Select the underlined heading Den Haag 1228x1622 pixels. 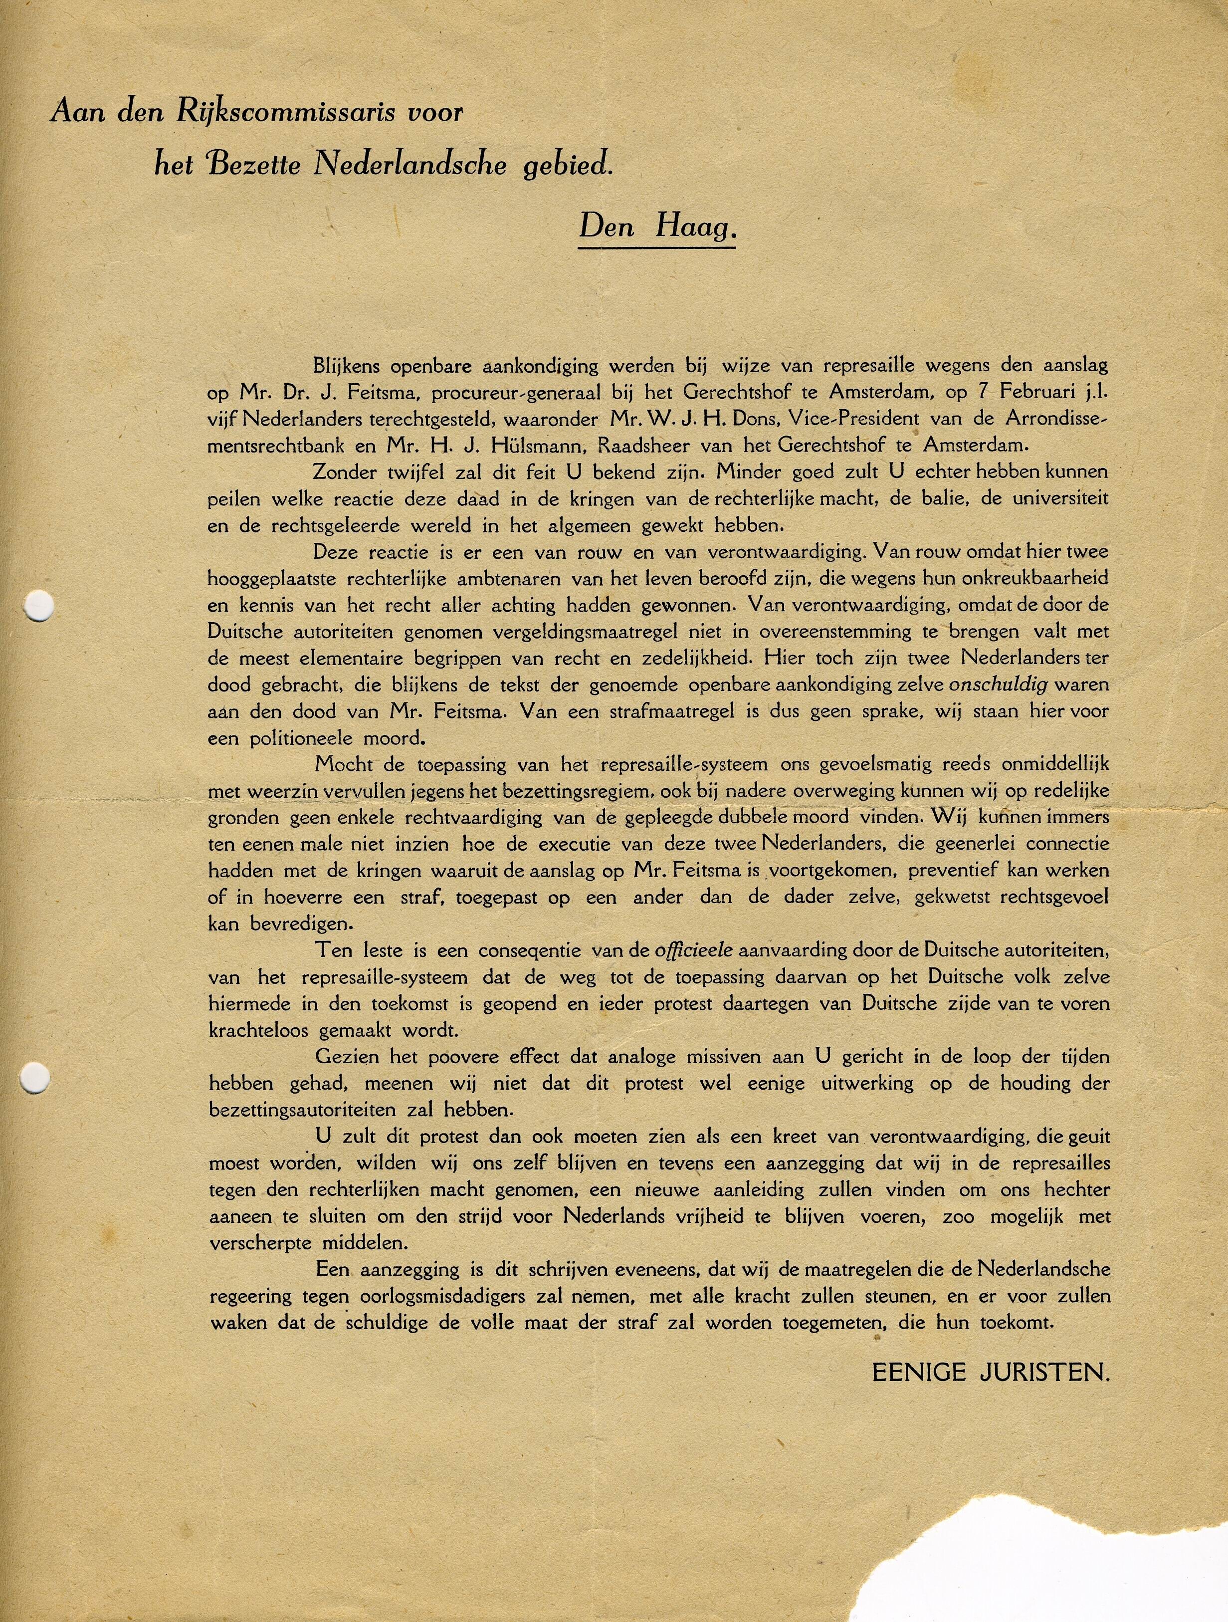(x=657, y=227)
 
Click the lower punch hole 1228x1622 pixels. (x=34, y=1079)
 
